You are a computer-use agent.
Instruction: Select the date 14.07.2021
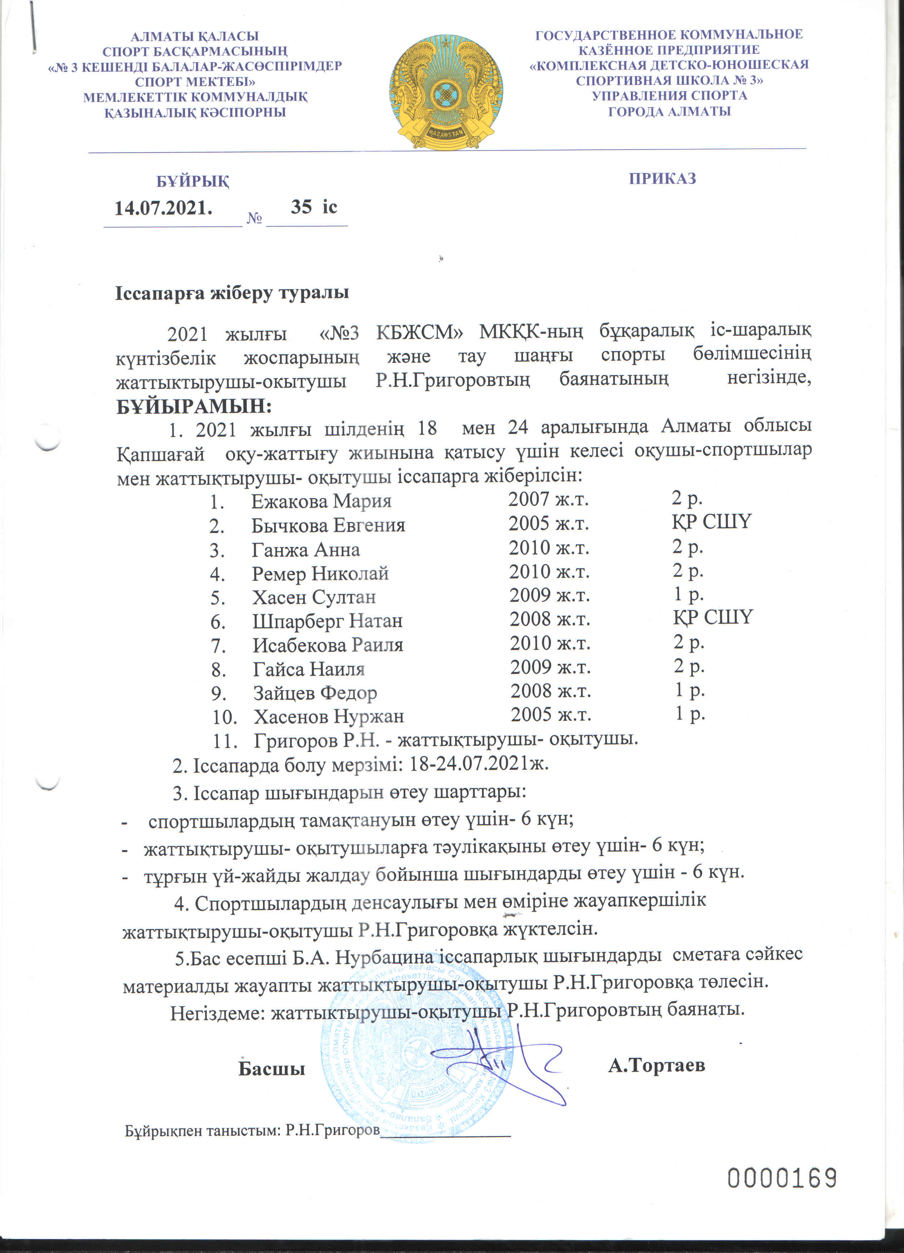click(163, 208)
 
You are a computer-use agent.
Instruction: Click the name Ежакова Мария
click(321, 501)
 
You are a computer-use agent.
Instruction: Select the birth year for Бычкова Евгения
click(548, 523)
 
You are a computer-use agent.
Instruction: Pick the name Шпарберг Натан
click(327, 621)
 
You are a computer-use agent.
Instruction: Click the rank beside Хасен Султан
click(688, 594)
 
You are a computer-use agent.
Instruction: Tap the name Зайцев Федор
click(315, 693)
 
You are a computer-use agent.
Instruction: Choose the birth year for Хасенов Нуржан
click(550, 714)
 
